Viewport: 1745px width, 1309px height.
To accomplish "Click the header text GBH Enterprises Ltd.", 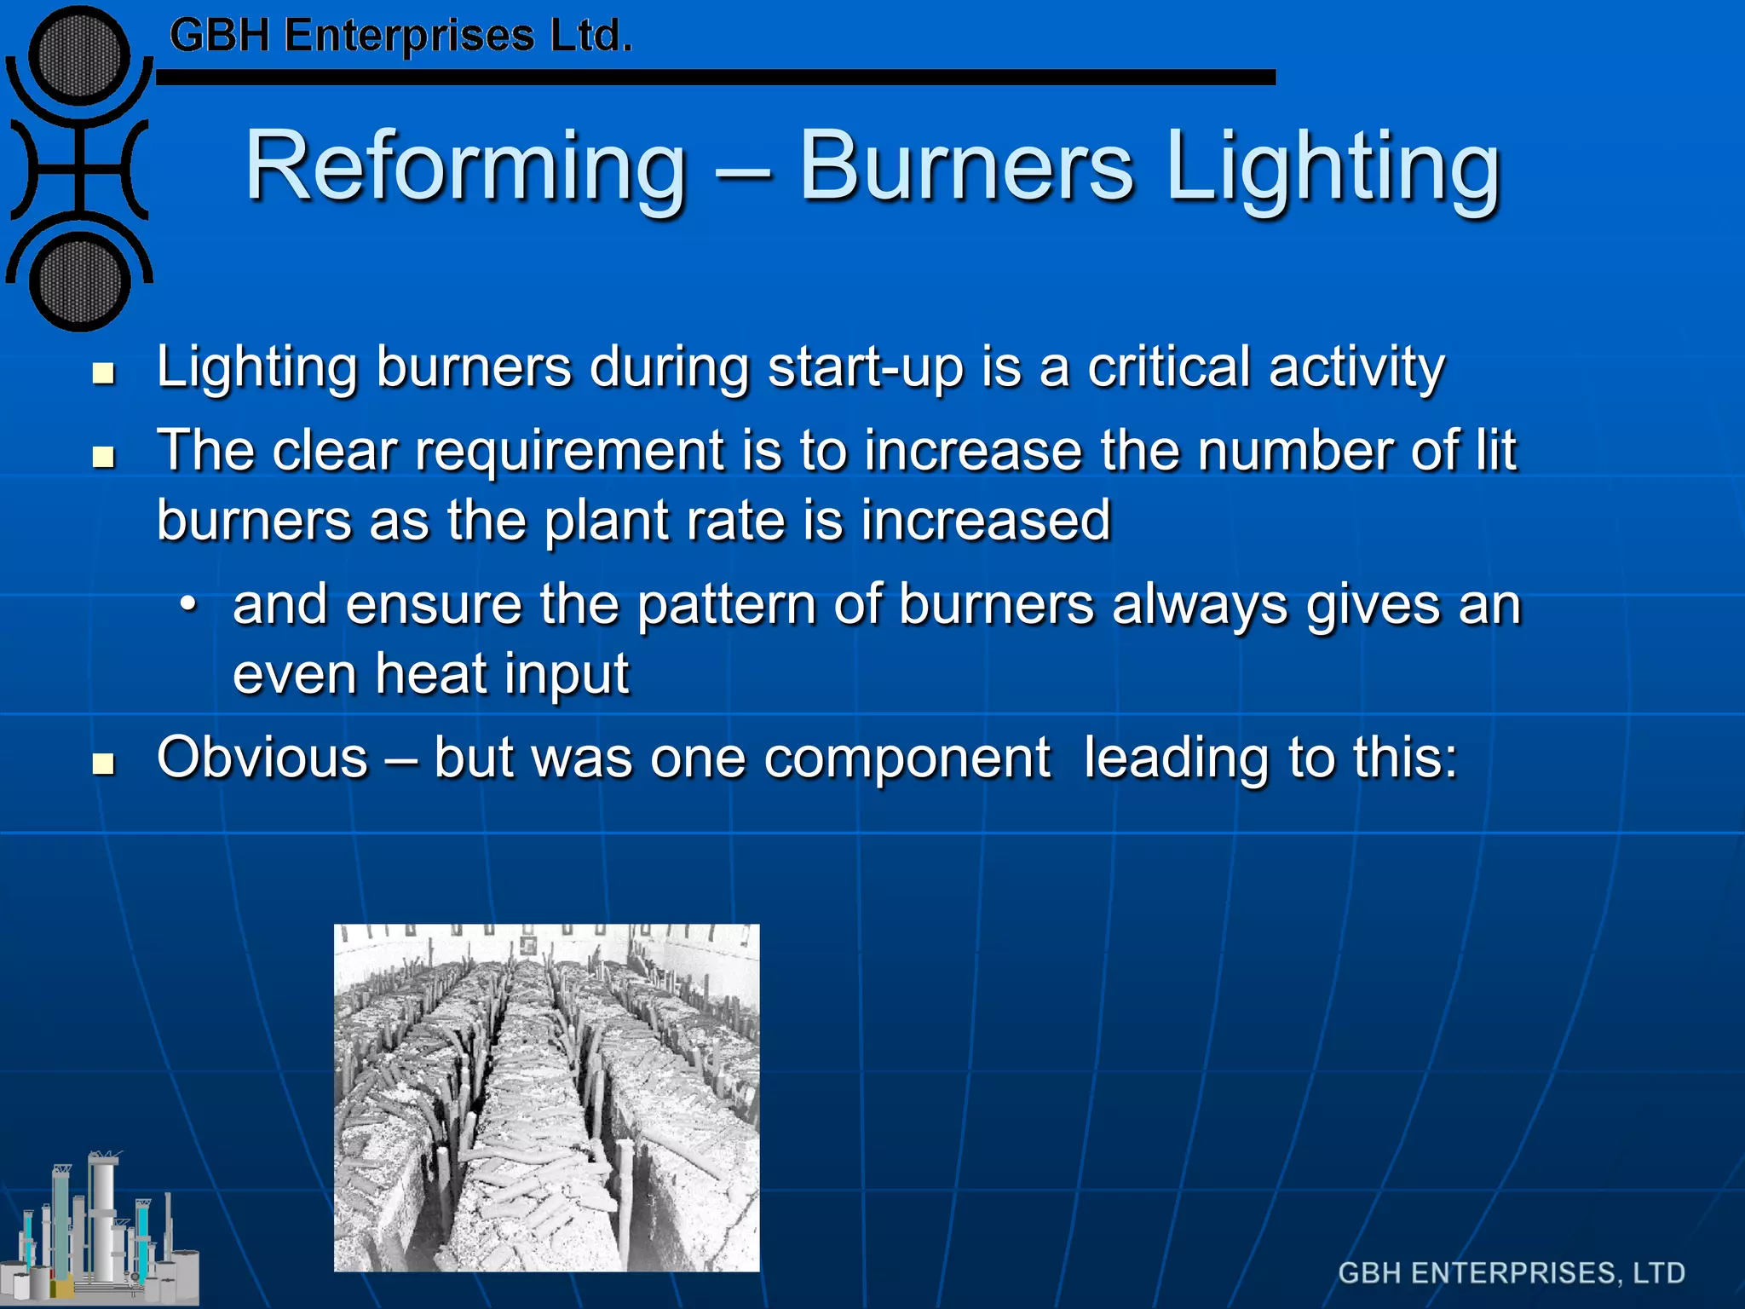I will (400, 37).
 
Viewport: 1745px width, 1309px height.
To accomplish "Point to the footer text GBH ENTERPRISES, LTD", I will (1512, 1273).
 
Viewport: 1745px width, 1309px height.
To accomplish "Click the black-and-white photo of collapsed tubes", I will (546, 1098).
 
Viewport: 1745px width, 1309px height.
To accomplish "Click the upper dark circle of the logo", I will (79, 56).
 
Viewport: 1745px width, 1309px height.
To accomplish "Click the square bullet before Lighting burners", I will (104, 373).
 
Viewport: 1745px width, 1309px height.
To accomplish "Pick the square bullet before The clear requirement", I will (104, 457).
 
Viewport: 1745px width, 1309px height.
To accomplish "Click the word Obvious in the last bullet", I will (262, 758).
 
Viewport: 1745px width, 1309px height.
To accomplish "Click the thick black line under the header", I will (716, 78).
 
